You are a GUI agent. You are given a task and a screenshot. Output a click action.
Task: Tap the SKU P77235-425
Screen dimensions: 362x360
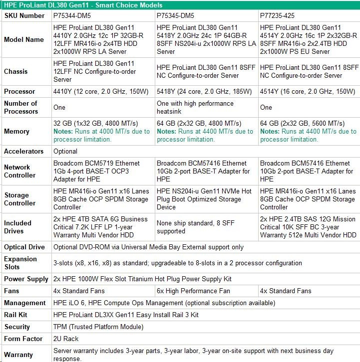pyautogui.click(x=278, y=15)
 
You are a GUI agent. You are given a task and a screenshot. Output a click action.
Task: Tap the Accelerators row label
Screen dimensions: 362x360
pyautogui.click(x=23, y=151)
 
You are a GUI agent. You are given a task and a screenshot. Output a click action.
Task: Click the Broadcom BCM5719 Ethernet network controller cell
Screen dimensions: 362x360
pyautogui.click(x=100, y=171)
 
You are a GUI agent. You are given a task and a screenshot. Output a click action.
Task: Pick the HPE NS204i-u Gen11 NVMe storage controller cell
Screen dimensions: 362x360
pyautogui.click(x=204, y=199)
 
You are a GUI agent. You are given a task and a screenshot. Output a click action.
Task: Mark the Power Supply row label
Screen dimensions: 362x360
pyautogui.click(x=26, y=279)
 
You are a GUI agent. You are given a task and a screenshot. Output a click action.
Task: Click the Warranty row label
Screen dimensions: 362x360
pyautogui.click(x=18, y=355)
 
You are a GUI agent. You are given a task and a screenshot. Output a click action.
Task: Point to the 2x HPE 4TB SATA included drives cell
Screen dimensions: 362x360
pyautogui.click(x=100, y=227)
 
